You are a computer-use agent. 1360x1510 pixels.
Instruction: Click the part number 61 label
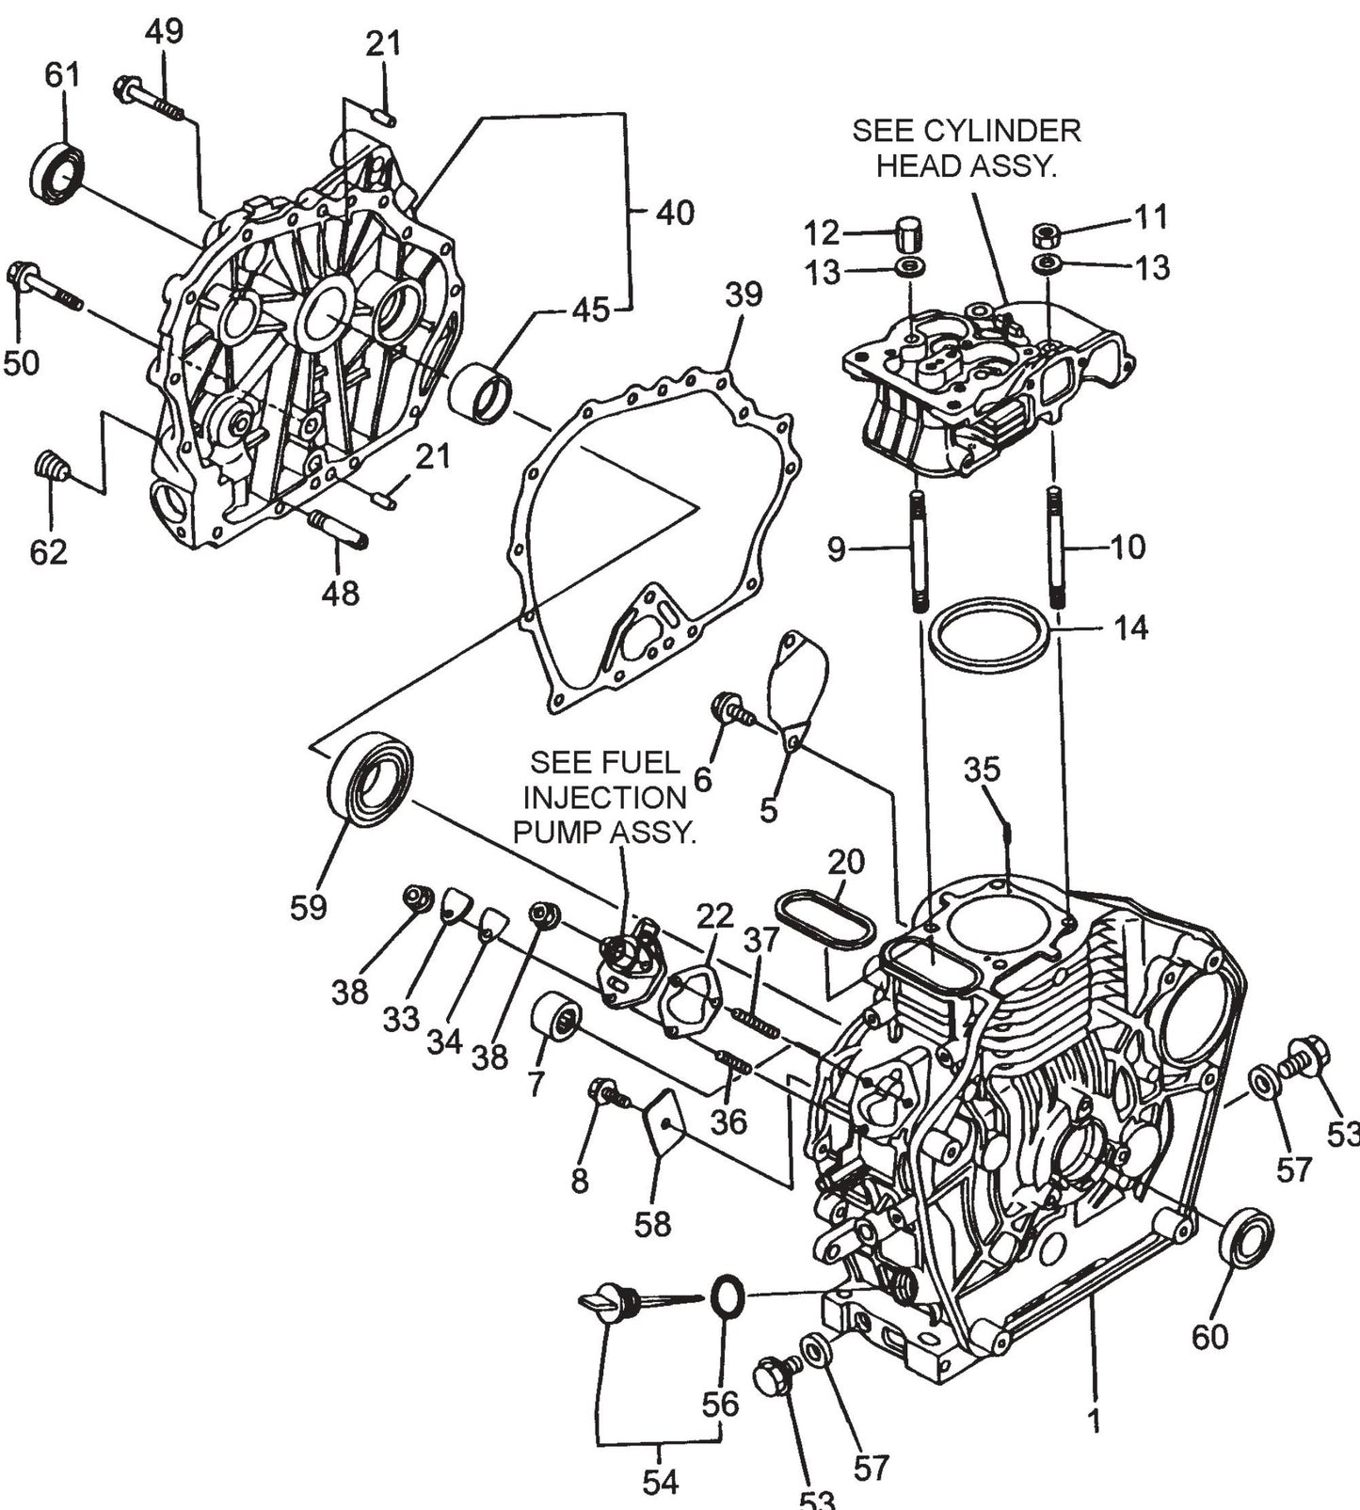63,75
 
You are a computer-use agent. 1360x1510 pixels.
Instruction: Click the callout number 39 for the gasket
743,294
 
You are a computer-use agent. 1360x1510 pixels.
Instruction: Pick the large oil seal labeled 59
370,780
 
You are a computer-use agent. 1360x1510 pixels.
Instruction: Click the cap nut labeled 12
909,230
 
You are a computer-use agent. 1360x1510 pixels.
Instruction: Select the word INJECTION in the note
605,797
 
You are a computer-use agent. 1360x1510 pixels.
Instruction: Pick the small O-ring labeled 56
726,1298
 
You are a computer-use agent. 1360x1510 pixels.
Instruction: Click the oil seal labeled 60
1245,1236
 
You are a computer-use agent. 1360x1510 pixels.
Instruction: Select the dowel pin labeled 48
340,528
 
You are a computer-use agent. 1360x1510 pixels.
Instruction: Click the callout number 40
675,213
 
